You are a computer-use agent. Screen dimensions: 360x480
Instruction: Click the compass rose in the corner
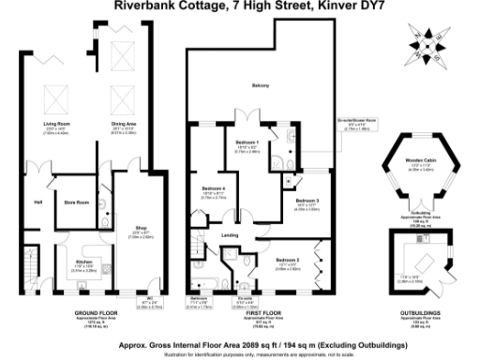click(429, 41)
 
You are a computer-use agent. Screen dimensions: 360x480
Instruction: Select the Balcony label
click(260, 87)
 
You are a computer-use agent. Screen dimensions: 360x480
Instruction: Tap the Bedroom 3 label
click(307, 201)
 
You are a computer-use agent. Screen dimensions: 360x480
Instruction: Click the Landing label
click(228, 234)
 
